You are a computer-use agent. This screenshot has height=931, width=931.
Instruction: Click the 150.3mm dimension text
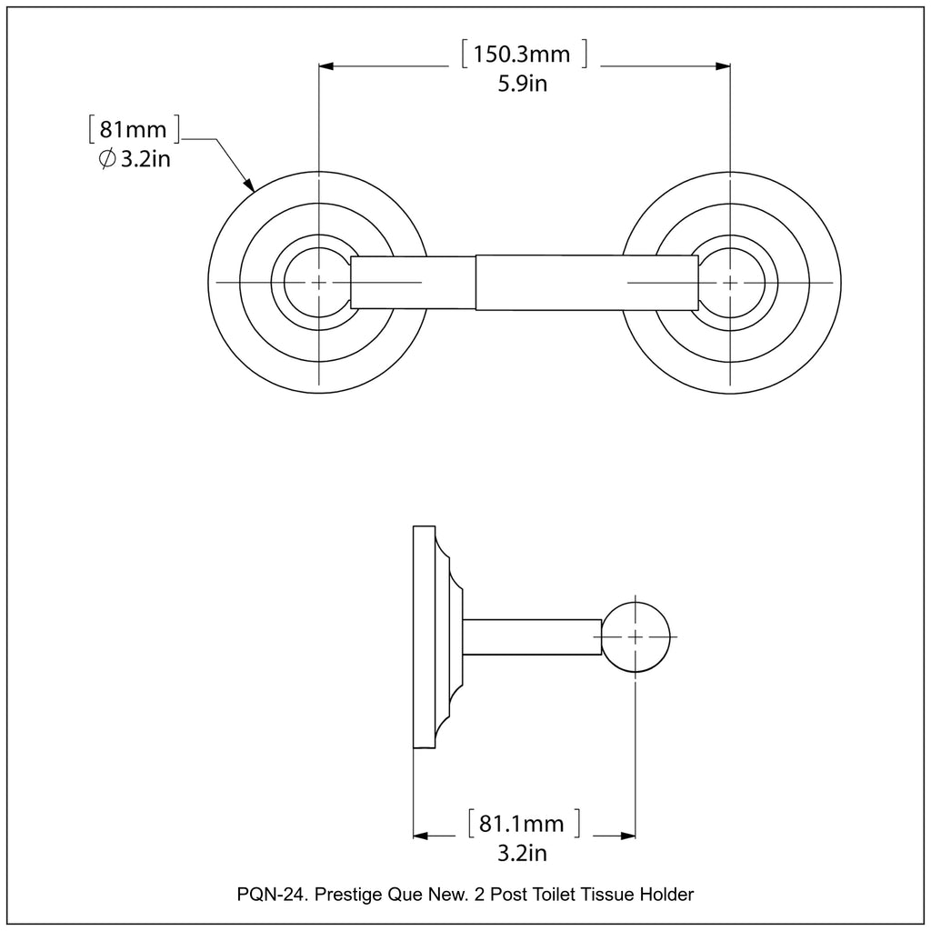pyautogui.click(x=522, y=55)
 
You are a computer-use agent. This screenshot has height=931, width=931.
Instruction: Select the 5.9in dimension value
pyautogui.click(x=522, y=85)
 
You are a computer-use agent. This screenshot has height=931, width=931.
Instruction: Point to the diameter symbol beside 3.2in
pyautogui.click(x=106, y=160)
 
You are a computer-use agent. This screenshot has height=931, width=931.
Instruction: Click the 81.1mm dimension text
pyautogui.click(x=522, y=824)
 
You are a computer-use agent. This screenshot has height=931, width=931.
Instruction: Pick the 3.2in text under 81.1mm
pyautogui.click(x=522, y=853)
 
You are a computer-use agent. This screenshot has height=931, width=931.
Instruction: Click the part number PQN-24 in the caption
pyautogui.click(x=269, y=895)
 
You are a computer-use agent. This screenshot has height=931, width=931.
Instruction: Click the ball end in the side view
pyautogui.click(x=636, y=636)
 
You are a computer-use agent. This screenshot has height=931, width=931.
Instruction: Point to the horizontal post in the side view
pyautogui.click(x=533, y=636)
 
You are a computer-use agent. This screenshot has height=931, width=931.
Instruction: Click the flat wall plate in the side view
pyautogui.click(x=424, y=636)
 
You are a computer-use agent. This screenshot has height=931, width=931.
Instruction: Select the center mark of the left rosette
pyautogui.click(x=318, y=283)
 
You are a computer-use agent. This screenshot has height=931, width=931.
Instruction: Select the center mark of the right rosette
pyautogui.click(x=731, y=283)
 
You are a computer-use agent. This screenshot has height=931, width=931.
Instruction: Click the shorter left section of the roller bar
pyautogui.click(x=414, y=283)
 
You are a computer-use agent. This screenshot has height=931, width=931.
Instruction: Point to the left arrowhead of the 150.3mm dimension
pyautogui.click(x=327, y=65)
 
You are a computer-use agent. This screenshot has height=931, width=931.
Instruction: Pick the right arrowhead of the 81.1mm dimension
pyautogui.click(x=627, y=835)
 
